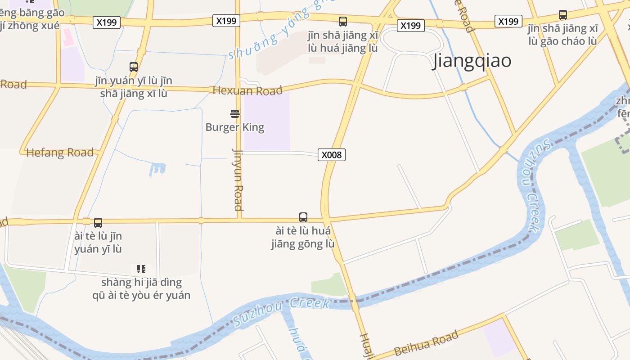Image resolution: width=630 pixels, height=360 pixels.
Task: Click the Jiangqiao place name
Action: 472,61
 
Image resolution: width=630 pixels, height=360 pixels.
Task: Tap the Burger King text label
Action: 235,127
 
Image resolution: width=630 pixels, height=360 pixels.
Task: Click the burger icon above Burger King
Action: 235,113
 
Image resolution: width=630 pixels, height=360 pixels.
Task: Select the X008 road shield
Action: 332,155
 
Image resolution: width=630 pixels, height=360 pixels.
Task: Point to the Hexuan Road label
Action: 247,90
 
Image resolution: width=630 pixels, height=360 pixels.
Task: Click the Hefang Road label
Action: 60,153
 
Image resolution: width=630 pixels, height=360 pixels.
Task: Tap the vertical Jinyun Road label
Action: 238,179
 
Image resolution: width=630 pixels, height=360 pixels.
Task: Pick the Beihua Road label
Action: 426,343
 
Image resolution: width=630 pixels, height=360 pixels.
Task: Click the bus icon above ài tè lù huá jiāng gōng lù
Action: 303,217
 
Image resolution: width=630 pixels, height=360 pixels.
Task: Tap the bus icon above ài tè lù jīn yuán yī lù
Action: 98,222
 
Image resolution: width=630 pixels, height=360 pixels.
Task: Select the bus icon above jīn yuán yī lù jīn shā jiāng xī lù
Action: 134,67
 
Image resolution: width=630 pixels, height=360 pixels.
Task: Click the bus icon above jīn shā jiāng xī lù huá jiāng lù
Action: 343,21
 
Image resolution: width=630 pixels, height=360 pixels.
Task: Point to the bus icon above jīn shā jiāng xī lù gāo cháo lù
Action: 562,15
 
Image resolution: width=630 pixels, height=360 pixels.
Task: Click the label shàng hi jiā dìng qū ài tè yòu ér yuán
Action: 141,289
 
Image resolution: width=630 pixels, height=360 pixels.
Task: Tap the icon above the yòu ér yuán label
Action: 141,269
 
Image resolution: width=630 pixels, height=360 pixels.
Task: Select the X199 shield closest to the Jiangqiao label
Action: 410,26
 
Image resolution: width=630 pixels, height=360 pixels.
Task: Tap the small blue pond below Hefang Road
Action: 157,169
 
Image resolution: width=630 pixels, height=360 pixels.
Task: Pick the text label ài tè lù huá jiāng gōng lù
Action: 303,238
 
